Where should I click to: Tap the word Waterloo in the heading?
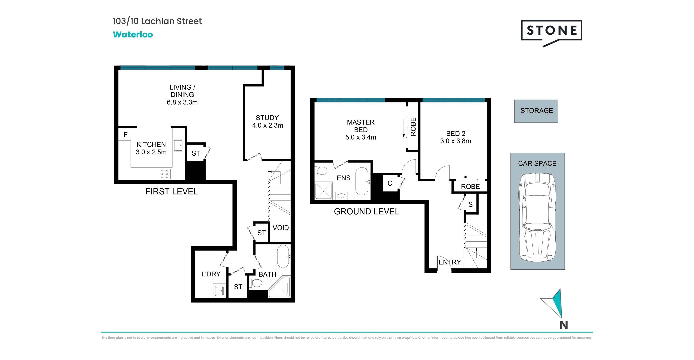click(133, 34)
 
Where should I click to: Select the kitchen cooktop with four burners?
click(165, 174)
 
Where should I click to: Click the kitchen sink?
click(178, 145)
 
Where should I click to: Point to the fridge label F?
click(126, 135)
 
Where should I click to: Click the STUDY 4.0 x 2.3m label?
click(268, 122)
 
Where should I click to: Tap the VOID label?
click(281, 228)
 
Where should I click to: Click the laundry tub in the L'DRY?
click(220, 291)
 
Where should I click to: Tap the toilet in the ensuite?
click(321, 170)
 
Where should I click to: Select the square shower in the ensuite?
click(323, 191)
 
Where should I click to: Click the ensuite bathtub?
click(362, 181)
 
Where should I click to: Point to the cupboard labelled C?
click(390, 183)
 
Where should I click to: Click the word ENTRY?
click(450, 262)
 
